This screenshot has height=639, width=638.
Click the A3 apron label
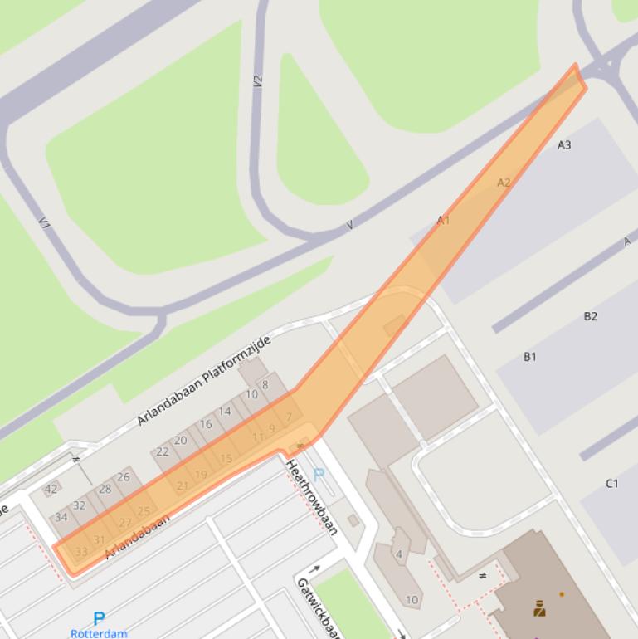click(x=564, y=145)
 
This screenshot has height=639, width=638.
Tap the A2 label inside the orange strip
click(x=504, y=183)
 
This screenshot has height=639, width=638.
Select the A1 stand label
click(x=443, y=220)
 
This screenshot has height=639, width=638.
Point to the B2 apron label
click(x=590, y=316)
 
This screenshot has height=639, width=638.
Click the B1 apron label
click(x=529, y=357)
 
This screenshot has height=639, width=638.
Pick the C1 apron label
click(x=611, y=483)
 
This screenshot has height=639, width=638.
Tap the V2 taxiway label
click(x=258, y=81)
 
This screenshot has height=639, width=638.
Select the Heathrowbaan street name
click(x=311, y=497)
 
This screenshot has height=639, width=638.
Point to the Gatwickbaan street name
click(x=319, y=608)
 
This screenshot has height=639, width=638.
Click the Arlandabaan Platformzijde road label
click(x=204, y=380)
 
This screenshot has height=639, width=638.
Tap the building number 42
click(x=51, y=490)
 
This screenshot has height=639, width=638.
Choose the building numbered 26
click(x=124, y=477)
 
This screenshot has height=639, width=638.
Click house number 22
click(x=163, y=451)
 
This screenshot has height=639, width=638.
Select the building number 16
click(x=206, y=424)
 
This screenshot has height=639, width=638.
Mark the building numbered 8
click(x=265, y=385)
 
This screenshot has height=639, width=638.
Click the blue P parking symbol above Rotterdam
click(x=99, y=618)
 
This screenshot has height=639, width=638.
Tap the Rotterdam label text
click(x=99, y=633)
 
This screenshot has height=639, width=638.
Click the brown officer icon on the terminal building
click(x=539, y=610)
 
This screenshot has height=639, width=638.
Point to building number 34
click(x=61, y=518)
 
